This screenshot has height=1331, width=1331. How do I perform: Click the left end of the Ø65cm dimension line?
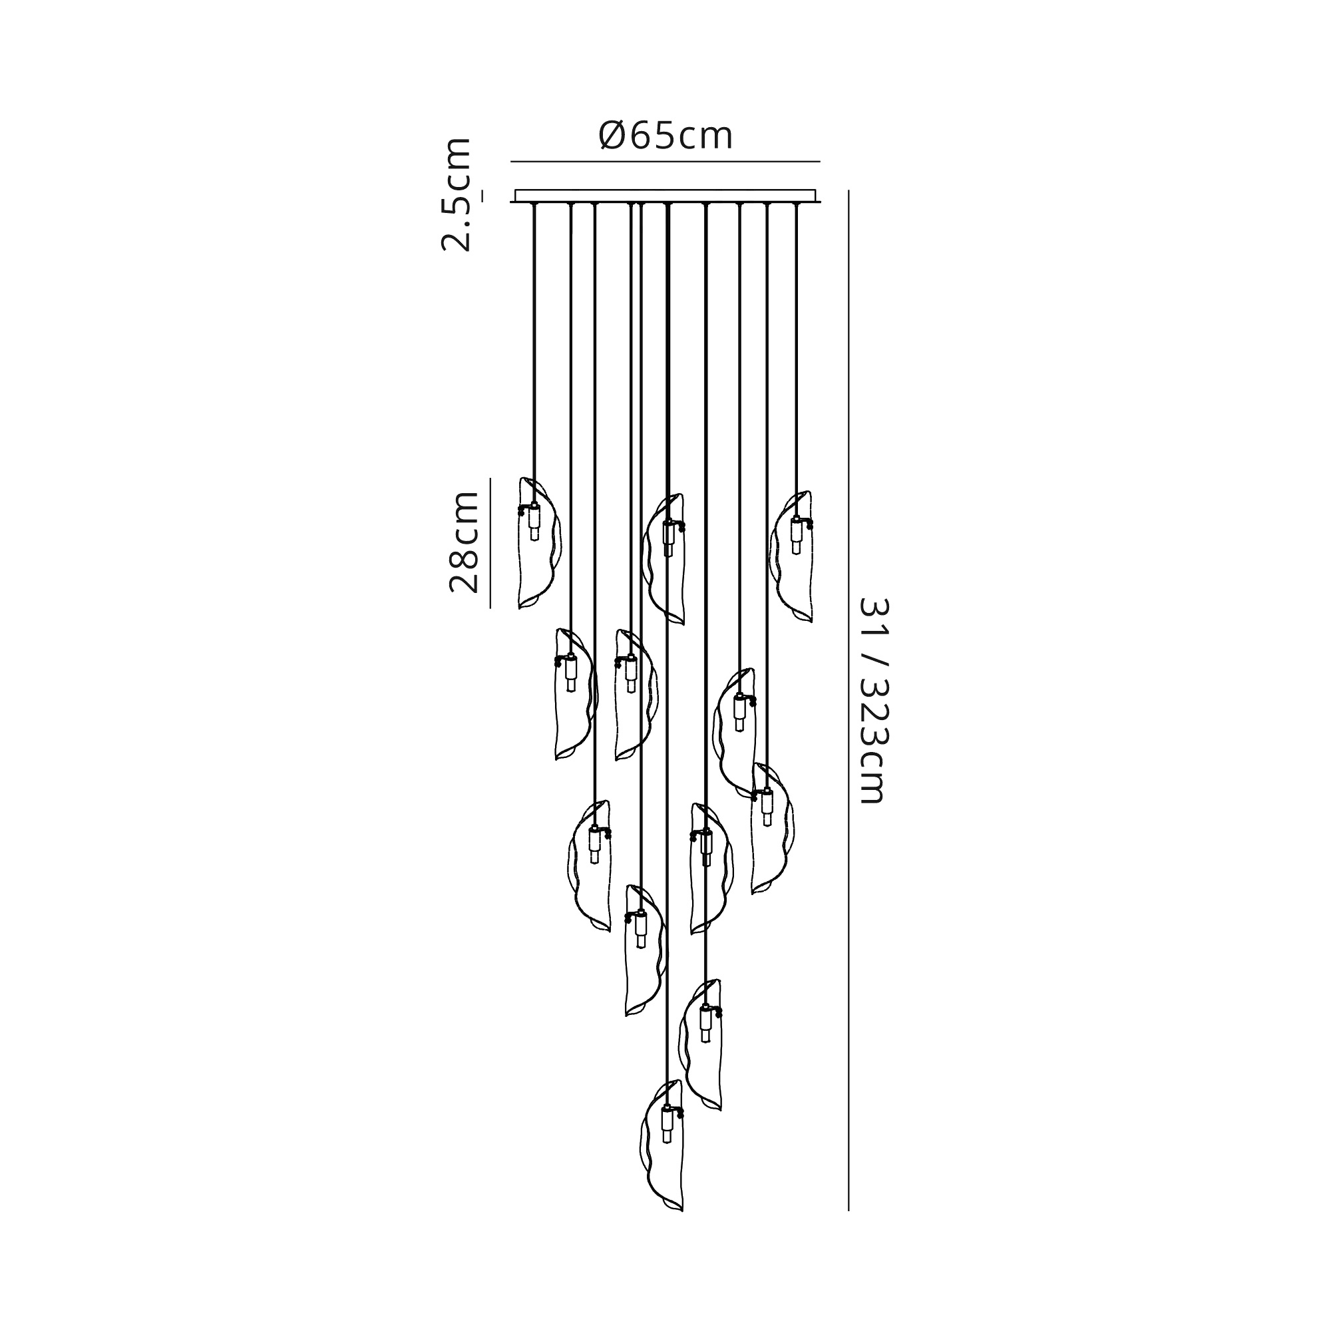510,162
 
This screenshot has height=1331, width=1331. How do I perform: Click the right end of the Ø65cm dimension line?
821,162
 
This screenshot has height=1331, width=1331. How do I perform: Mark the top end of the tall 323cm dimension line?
848,190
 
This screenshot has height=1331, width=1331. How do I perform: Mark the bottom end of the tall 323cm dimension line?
848,1231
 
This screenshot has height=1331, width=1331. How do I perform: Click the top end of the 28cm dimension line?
490,478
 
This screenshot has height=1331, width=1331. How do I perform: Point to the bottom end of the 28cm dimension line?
490,608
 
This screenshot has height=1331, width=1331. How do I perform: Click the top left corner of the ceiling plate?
516,190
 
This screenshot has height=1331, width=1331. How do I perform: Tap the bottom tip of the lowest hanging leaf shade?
681,1231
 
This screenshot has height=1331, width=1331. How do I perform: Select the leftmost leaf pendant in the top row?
540,543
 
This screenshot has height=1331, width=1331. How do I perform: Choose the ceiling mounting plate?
666,196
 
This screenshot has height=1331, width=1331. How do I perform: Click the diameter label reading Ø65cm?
665,136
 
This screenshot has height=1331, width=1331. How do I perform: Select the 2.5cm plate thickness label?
456,195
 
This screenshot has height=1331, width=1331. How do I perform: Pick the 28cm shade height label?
464,542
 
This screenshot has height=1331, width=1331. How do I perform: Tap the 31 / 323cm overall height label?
874,701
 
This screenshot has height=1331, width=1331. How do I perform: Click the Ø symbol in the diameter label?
612,136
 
